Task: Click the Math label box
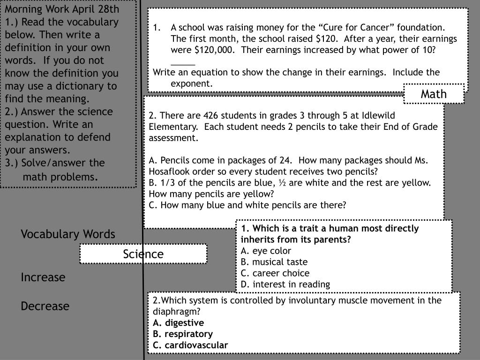tap(434, 94)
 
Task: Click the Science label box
tap(143, 254)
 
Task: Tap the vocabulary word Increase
tap(43, 277)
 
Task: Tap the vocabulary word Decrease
tap(45, 306)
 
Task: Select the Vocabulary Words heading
tap(68, 234)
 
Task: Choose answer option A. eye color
tap(266, 251)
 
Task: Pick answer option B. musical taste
tap(274, 262)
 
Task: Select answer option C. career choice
tap(275, 273)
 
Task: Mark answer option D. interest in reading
tap(285, 285)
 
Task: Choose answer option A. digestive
tap(178, 323)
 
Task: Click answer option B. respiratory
tap(183, 334)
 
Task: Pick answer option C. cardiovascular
tap(190, 345)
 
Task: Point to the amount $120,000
tap(210, 50)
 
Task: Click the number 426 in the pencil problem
tap(211, 116)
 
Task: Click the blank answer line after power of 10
tap(183, 62)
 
